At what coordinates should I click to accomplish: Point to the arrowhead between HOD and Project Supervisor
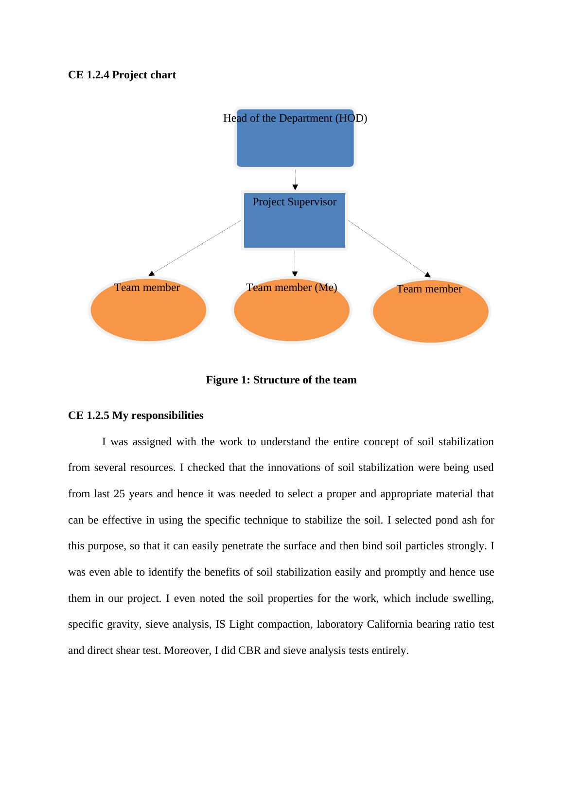[295, 187]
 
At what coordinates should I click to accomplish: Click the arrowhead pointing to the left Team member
[152, 273]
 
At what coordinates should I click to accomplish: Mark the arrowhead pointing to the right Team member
[427, 275]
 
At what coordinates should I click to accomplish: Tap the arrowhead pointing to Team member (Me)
[295, 273]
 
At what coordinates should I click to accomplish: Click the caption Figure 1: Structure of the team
[281, 380]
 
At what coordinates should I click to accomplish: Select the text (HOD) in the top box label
[351, 118]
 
